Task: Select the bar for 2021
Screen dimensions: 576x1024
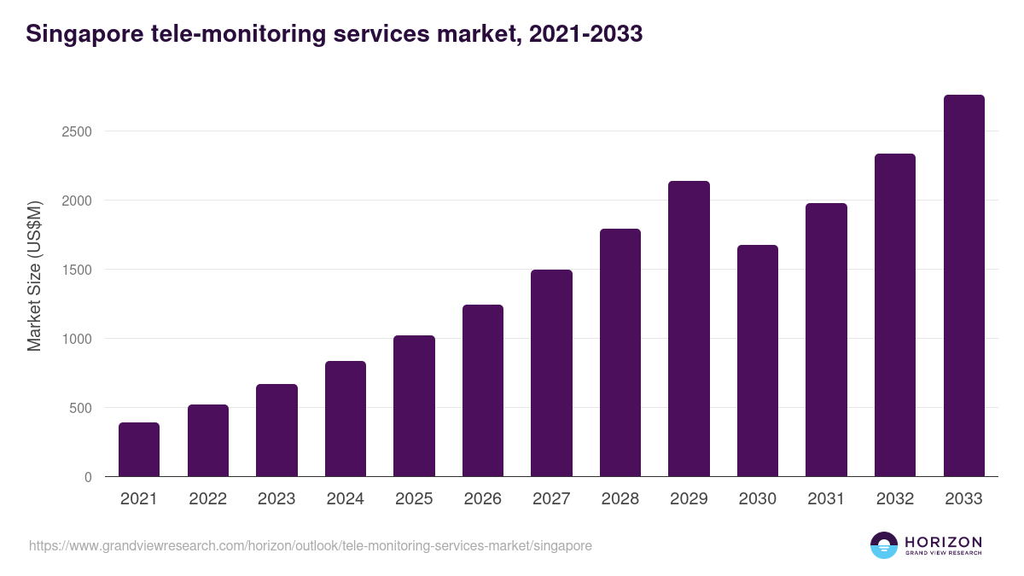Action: point(139,450)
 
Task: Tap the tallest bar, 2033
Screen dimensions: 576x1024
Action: point(963,286)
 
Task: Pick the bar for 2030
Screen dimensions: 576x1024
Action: point(758,361)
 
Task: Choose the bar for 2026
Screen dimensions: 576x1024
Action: point(483,391)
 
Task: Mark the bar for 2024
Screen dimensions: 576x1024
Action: point(346,419)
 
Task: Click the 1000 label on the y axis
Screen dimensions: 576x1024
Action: point(76,339)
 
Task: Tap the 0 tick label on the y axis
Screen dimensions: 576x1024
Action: point(88,477)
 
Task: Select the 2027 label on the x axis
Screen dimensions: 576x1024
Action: point(551,499)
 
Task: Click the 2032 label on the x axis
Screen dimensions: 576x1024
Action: point(895,499)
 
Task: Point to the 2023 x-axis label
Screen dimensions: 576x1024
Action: point(276,499)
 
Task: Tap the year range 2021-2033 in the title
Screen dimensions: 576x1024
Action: point(585,35)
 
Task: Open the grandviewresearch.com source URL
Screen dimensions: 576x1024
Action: point(310,545)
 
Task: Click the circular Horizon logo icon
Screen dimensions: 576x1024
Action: point(884,545)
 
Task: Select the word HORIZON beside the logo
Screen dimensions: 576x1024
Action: point(943,542)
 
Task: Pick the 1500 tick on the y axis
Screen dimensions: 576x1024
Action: point(76,270)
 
